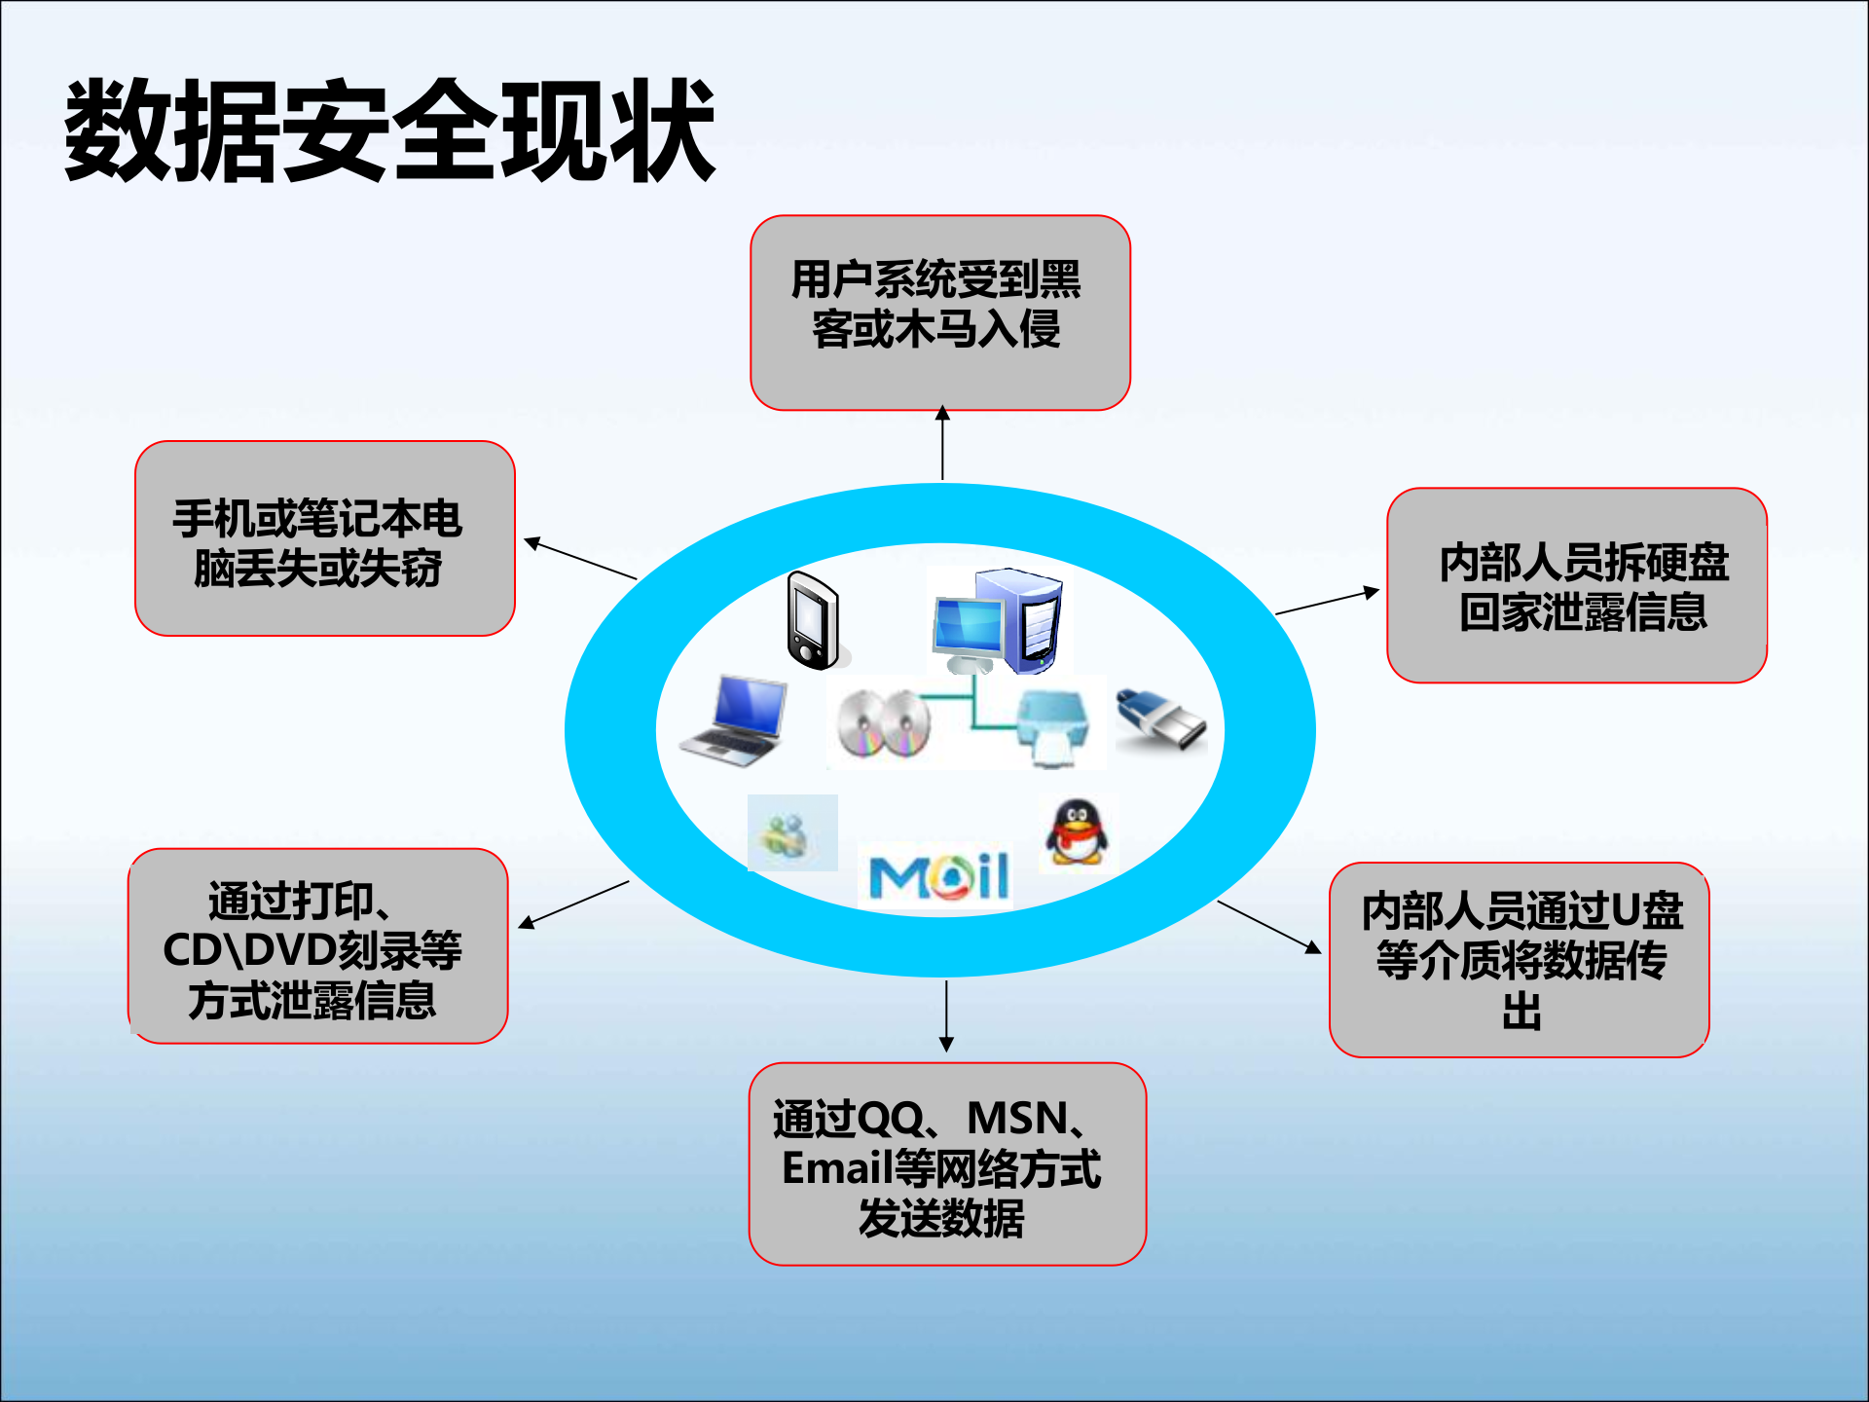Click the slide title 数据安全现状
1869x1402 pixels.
point(389,131)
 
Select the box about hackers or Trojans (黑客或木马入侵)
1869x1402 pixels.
point(939,312)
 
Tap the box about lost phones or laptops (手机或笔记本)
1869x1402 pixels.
point(324,538)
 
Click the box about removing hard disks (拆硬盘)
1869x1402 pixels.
point(1576,585)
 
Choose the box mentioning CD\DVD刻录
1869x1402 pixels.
point(317,946)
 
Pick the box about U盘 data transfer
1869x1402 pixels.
point(1519,960)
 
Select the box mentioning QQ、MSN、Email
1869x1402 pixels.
point(946,1164)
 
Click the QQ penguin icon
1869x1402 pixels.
point(1077,832)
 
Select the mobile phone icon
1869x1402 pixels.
point(813,621)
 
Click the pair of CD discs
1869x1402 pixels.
point(884,724)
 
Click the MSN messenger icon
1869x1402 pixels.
point(791,833)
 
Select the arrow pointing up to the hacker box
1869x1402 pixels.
point(942,443)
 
